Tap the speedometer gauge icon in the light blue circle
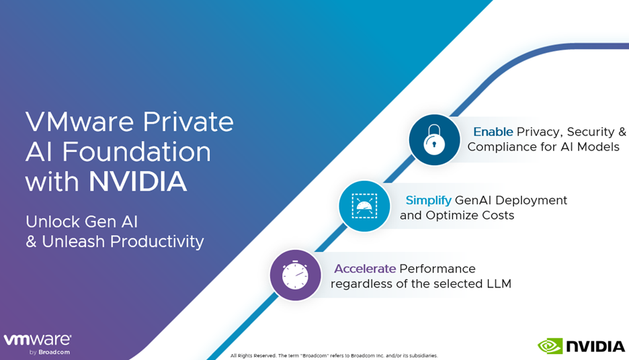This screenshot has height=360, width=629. [x=364, y=206]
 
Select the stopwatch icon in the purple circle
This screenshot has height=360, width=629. [x=295, y=275]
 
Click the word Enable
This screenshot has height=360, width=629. [x=493, y=132]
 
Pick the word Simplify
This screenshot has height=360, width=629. [x=429, y=200]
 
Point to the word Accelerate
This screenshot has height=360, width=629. [x=365, y=269]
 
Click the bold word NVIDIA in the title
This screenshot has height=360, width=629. [x=138, y=181]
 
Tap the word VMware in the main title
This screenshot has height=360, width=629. [x=79, y=122]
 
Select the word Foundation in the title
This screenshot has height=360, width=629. [x=136, y=152]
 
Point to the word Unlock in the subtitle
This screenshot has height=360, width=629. [x=53, y=222]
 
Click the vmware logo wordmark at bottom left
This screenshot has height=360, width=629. [x=38, y=340]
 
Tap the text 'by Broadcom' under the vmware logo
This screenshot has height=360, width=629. [x=50, y=353]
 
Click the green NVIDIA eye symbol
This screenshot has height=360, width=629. [x=550, y=347]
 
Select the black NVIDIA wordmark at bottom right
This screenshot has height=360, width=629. [x=595, y=347]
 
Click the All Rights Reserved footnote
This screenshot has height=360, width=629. [x=334, y=355]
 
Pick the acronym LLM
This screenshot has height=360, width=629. [x=499, y=284]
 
